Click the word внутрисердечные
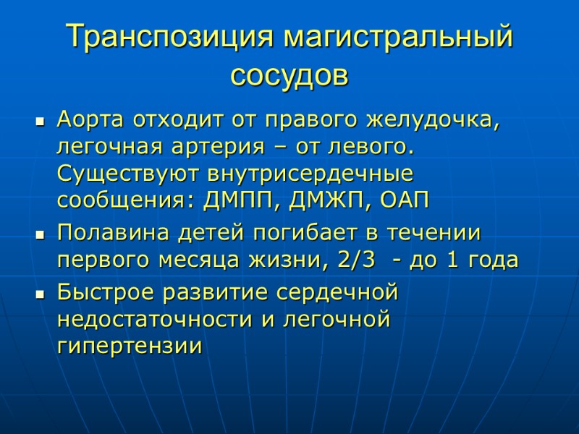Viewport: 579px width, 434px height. (312, 174)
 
